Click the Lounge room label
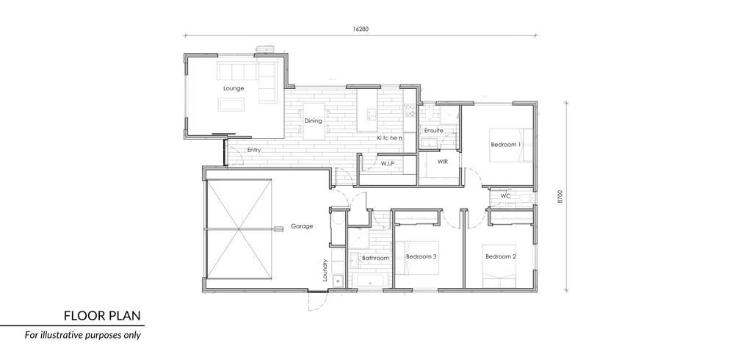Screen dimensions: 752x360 [234, 88]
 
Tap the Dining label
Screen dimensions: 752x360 [313, 121]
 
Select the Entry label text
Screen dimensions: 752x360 [254, 150]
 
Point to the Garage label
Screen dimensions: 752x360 [302, 226]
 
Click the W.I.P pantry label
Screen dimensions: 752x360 [388, 164]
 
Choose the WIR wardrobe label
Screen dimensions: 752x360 [443, 162]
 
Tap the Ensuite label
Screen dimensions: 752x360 [433, 131]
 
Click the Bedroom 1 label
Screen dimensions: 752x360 [505, 145]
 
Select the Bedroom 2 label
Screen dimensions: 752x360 [501, 256]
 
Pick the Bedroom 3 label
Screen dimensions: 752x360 [421, 256]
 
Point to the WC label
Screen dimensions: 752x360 [505, 196]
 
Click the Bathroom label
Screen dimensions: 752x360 [375, 258]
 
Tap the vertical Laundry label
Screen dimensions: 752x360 [325, 270]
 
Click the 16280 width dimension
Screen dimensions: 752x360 [361, 29]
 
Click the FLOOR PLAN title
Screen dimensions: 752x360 [102, 316]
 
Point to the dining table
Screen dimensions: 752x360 [313, 121]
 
